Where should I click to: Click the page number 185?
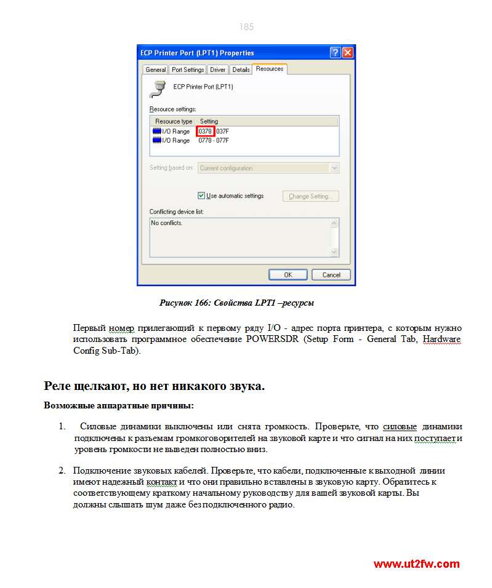point(246,27)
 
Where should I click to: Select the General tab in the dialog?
point(156,70)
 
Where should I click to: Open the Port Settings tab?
point(188,70)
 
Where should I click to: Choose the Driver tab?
point(218,70)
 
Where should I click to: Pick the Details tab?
point(241,70)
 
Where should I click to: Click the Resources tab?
point(270,69)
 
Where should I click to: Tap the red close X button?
point(348,53)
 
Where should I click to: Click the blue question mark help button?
point(336,53)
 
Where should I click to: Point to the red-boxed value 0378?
point(205,132)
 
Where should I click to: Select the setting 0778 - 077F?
point(214,141)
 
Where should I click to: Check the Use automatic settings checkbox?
point(201,196)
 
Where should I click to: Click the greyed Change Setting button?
point(310,196)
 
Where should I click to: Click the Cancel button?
point(331,275)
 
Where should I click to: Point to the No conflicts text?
point(167,223)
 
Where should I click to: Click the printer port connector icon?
point(158,89)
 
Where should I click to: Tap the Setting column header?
point(209,121)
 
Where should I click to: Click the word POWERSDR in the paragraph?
point(272,340)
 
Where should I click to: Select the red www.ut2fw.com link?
point(416,564)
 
